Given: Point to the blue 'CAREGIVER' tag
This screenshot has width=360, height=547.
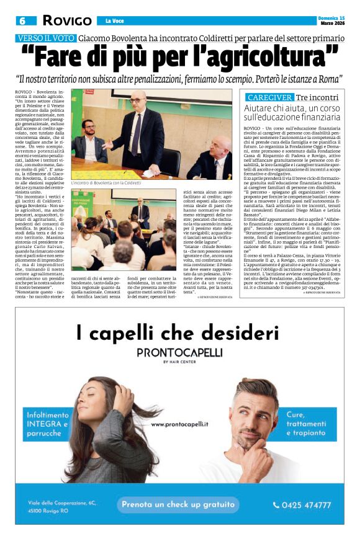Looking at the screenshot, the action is (x=269, y=97).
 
